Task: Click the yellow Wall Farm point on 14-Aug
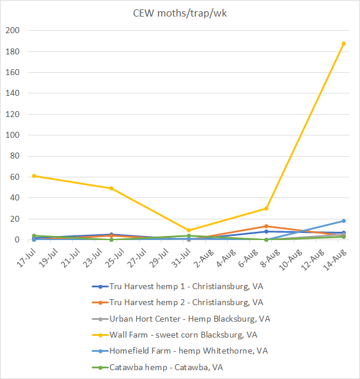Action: tap(343, 44)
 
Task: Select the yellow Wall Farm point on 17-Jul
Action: tap(34, 176)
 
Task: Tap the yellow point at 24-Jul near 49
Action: tap(112, 189)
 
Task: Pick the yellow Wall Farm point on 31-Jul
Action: tap(189, 230)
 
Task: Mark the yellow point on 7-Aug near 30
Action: tap(266, 208)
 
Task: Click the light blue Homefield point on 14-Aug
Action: tap(343, 221)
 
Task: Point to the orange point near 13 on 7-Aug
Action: tap(266, 226)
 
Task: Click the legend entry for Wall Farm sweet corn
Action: tap(183, 335)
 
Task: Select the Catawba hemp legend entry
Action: tap(166, 367)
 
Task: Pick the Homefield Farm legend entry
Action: tap(188, 351)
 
